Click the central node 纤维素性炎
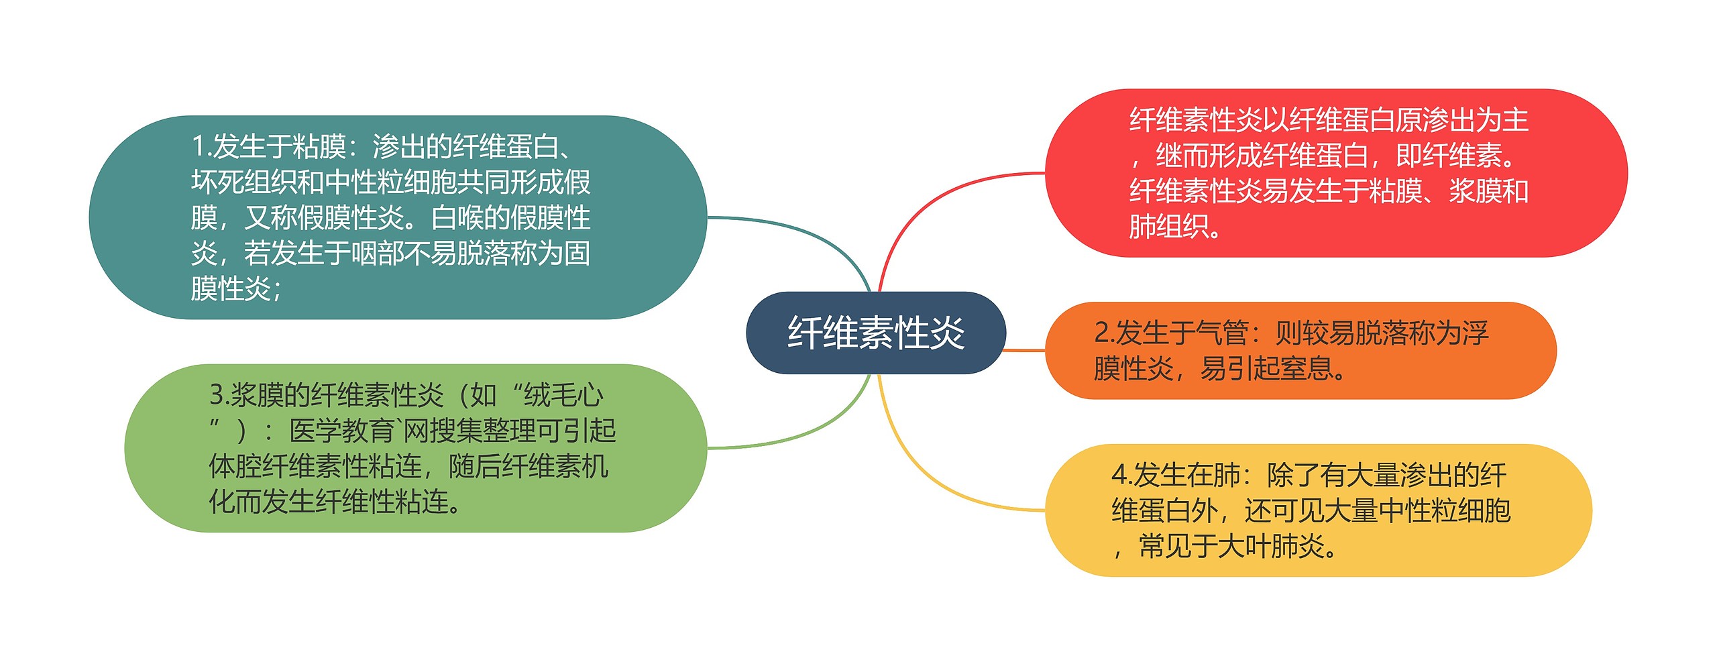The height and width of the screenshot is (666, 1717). click(x=875, y=333)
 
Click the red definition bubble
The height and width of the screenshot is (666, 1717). click(x=1335, y=173)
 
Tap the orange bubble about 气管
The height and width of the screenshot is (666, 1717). click(x=1300, y=351)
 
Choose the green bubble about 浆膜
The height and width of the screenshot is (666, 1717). click(x=415, y=448)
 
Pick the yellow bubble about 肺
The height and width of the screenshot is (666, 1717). click(x=1317, y=510)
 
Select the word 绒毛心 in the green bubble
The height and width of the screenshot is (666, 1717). click(x=563, y=395)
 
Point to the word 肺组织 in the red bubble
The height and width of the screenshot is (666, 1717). click(x=1168, y=227)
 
